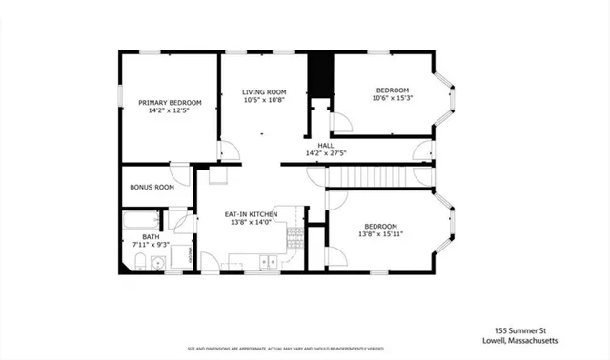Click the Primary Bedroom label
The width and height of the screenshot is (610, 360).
(170, 103)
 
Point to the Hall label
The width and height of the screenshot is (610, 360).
(325, 145)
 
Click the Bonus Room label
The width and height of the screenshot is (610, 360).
(152, 188)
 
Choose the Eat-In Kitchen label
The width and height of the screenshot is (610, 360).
(251, 215)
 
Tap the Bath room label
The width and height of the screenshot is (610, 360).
(152, 236)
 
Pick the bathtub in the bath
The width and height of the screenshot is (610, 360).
(143, 223)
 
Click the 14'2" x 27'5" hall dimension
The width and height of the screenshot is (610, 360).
(325, 153)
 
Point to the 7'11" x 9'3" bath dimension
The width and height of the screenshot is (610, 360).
(152, 245)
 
